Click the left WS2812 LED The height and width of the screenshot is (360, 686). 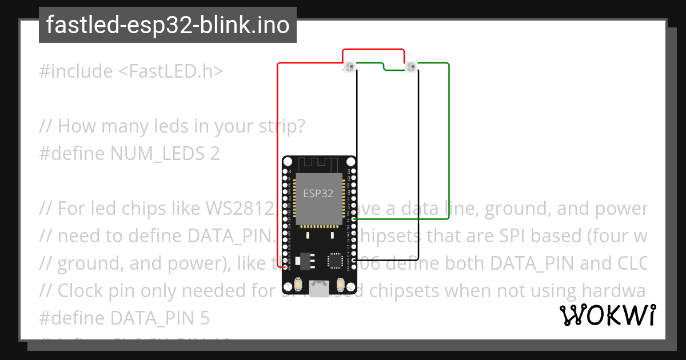[349, 68]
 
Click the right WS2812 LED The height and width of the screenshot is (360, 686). [411, 68]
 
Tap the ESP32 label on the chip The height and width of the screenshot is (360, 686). [318, 193]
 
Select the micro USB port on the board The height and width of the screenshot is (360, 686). [319, 287]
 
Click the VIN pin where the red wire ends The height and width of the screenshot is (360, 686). [285, 267]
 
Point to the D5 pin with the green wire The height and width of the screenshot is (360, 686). [354, 219]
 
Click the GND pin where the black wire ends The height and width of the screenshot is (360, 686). [354, 260]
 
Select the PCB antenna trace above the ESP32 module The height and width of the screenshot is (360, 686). [318, 165]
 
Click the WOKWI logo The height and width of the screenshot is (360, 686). [607, 315]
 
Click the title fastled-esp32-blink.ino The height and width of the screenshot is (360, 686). [167, 25]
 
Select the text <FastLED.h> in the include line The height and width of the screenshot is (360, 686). [171, 71]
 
